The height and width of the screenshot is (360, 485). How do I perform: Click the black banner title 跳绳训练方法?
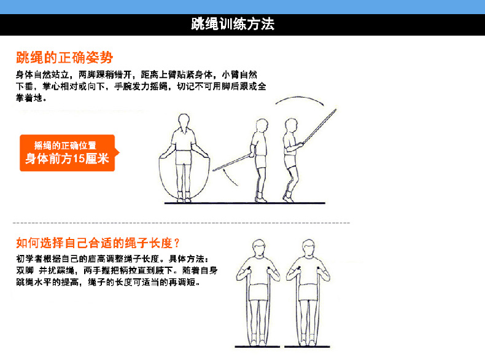point(233,24)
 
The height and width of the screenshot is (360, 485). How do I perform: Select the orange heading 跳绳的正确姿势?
point(64,57)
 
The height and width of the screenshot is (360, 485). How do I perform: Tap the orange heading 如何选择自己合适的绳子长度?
point(98,243)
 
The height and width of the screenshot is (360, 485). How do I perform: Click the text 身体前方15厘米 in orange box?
point(67,158)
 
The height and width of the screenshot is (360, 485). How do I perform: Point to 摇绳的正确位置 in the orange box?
point(65,145)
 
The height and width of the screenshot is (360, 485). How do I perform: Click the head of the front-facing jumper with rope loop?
point(184,122)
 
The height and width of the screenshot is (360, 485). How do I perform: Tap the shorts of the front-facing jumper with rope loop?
point(184,157)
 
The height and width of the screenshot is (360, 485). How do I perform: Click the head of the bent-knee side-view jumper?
point(291,125)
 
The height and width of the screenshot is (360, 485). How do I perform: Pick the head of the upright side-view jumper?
point(262,125)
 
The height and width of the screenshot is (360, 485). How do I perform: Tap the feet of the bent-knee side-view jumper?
point(288,197)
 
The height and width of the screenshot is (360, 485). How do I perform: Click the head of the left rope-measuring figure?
point(258,248)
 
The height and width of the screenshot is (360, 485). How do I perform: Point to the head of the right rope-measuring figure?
point(308,248)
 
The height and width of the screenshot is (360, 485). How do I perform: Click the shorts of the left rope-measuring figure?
point(258,292)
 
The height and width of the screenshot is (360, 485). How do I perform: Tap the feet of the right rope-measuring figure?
point(308,340)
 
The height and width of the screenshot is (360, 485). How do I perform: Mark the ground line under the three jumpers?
point(245,203)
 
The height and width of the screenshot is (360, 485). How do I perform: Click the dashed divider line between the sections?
point(181,223)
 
